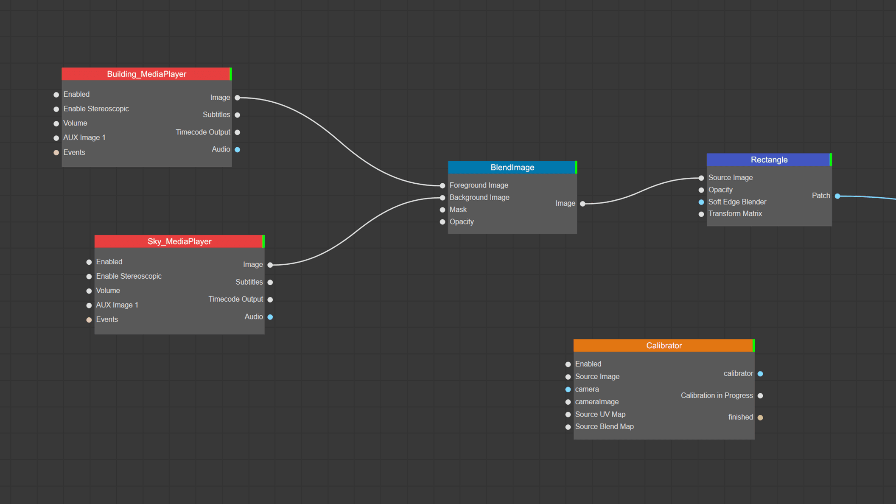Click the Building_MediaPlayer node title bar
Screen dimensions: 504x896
coord(146,74)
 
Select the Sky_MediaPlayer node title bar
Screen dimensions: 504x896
coord(179,241)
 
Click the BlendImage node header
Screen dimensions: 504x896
coord(512,168)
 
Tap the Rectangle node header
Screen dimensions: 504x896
coord(768,160)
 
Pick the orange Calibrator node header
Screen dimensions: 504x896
coord(664,346)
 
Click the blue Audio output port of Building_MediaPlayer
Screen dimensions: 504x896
coord(238,150)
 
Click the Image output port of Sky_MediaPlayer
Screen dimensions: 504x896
coord(270,265)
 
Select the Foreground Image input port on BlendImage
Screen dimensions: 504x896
coord(442,185)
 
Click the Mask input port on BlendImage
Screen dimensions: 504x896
coord(442,210)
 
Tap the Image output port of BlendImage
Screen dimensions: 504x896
coord(583,204)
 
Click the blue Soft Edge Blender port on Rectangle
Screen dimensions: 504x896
coord(701,202)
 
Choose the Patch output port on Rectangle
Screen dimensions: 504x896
coord(837,196)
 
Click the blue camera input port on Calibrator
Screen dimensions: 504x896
coord(568,389)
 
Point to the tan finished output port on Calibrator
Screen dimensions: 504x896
coord(760,417)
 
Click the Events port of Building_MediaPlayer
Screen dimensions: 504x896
coord(56,153)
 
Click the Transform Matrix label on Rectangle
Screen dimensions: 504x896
coord(735,214)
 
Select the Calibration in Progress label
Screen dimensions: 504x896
coord(717,395)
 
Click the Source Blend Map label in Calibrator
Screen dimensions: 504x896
coord(604,427)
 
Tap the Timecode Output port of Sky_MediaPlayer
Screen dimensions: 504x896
coord(270,300)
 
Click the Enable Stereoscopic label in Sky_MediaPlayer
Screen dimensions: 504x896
coord(129,276)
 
